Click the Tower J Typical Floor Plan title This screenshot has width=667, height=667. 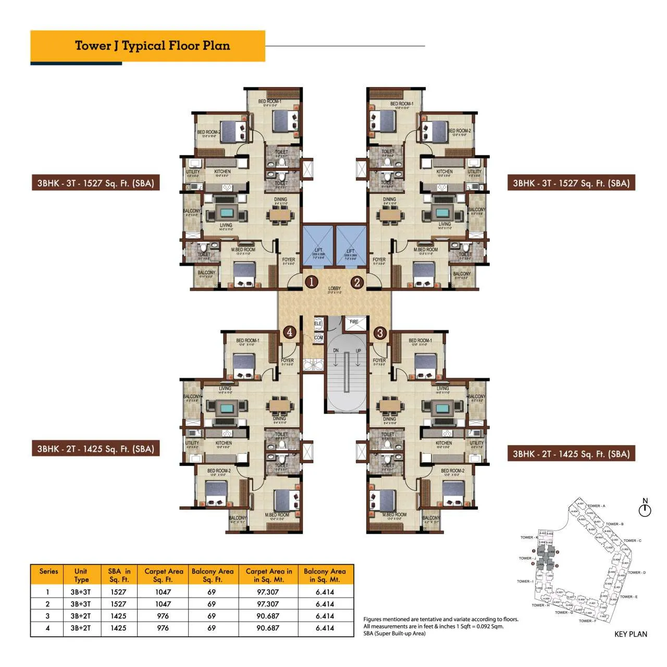tap(152, 46)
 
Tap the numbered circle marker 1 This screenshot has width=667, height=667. tap(311, 282)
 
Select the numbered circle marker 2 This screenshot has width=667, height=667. tap(357, 282)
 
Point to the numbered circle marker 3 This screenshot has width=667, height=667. tap(380, 332)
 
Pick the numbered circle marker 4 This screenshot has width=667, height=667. tap(290, 332)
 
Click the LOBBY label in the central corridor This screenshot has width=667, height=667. tap(335, 289)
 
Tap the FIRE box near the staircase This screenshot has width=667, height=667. tap(354, 322)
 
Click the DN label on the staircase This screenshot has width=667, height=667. tap(336, 351)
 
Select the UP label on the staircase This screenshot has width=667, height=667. tap(359, 351)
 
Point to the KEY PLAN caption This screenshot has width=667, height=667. tap(631, 634)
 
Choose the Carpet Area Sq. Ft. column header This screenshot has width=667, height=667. tap(164, 575)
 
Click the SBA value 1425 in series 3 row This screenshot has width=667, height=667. tap(118, 616)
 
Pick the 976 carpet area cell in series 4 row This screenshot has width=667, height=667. tap(163, 628)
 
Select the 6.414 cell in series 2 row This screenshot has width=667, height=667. tap(325, 604)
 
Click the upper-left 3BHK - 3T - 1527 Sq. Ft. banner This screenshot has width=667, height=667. tap(95, 183)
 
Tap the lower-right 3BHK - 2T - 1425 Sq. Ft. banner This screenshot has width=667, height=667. tap(571, 454)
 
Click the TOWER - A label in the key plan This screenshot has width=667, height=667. tap(597, 506)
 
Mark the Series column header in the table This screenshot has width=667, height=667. tap(48, 571)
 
